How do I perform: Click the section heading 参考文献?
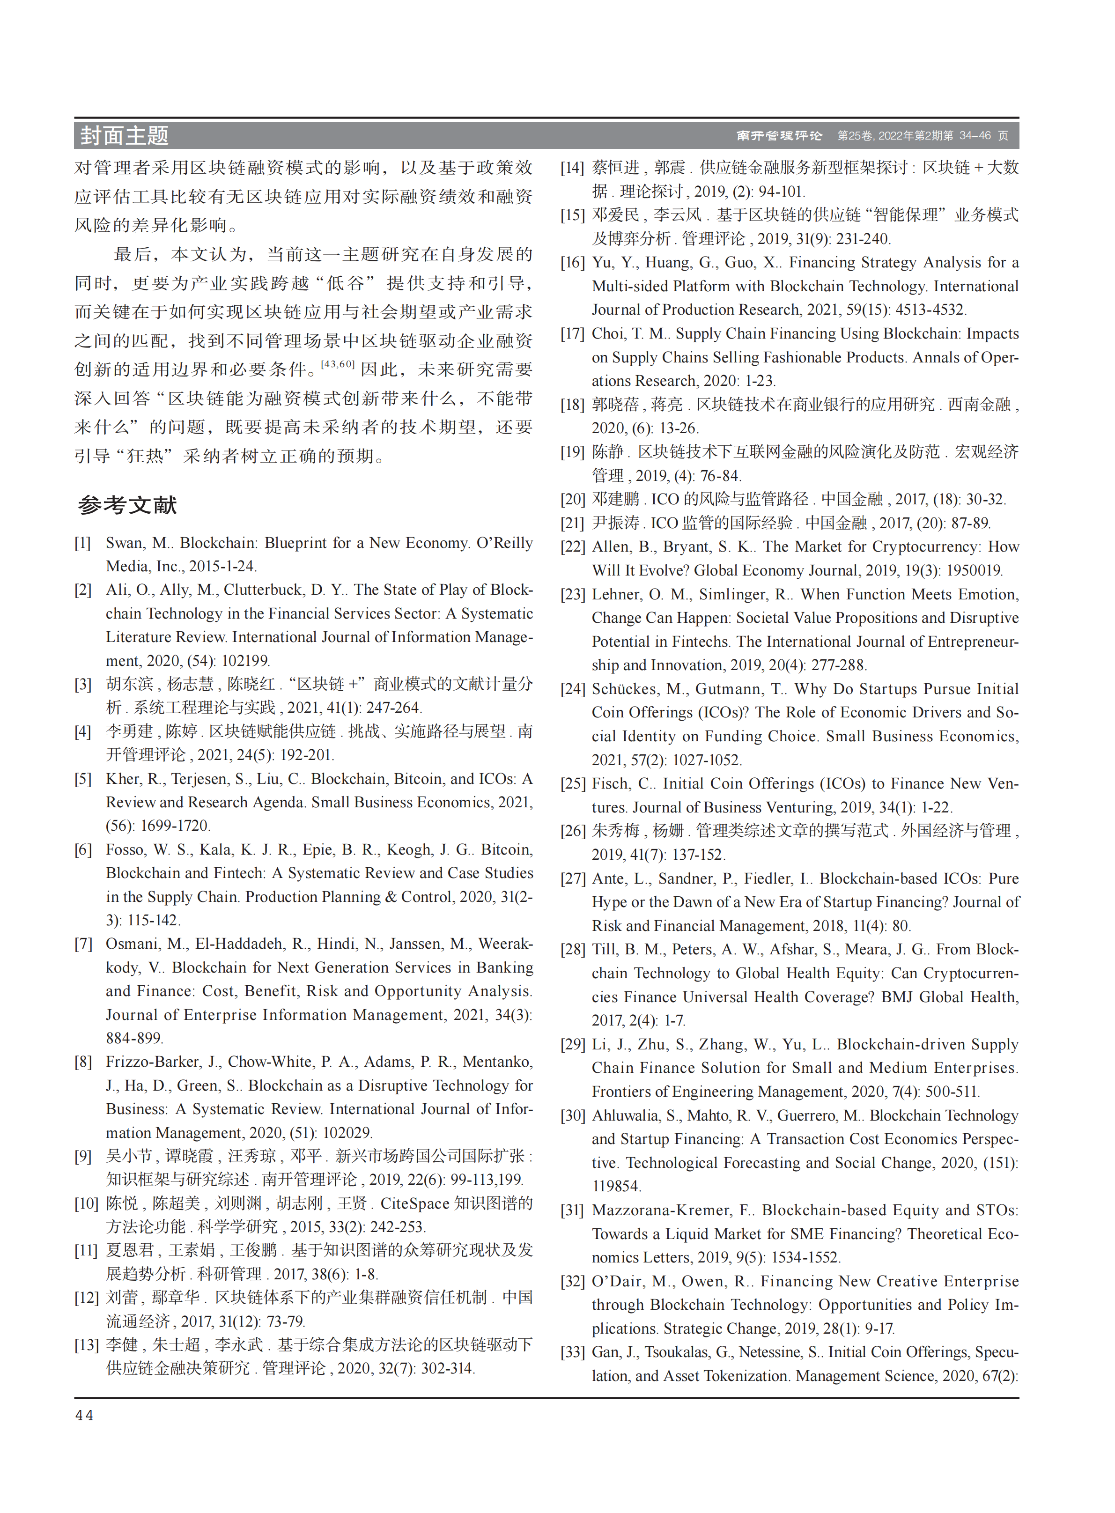[127, 505]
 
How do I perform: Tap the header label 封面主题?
[124, 136]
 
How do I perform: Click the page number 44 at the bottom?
[84, 1415]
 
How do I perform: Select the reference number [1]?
[82, 543]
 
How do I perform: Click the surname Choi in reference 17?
[608, 333]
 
